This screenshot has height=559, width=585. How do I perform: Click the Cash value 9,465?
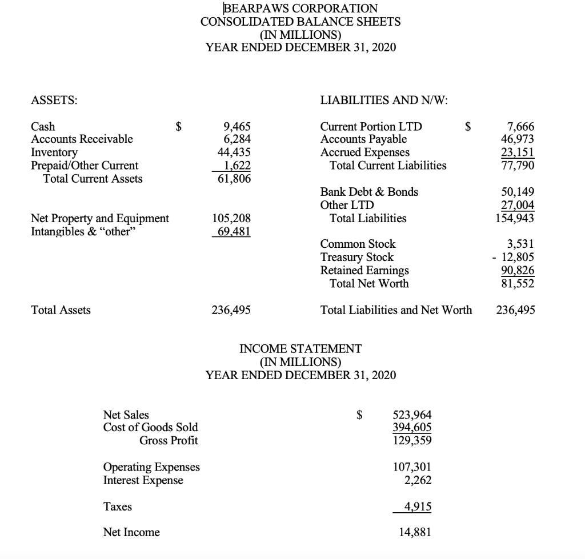point(237,127)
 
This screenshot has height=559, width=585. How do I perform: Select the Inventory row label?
point(54,152)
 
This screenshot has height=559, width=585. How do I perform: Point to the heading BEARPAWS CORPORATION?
point(300,9)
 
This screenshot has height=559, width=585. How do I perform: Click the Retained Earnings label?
point(364,270)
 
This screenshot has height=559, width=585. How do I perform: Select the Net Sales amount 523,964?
point(412,415)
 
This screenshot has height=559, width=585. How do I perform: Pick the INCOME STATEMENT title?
point(300,348)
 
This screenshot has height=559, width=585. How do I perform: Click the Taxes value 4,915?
point(417,506)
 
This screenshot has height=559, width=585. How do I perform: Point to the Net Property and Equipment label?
point(100,218)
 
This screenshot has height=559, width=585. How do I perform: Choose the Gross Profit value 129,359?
point(412,441)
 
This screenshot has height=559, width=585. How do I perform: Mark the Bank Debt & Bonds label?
point(369,192)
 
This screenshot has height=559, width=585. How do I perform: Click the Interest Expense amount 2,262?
point(417,480)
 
